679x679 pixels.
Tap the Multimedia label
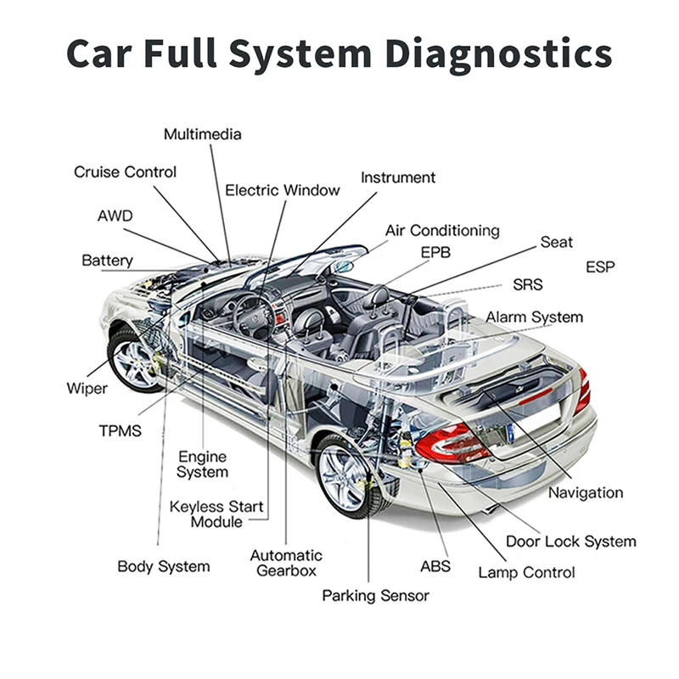point(202,134)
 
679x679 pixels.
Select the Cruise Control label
point(125,171)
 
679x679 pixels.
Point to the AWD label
point(115,216)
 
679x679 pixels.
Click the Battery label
point(107,260)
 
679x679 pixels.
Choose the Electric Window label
point(282,190)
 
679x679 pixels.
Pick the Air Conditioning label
point(441,231)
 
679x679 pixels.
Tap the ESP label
point(600,267)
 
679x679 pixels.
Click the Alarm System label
point(534,317)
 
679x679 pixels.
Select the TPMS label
point(120,429)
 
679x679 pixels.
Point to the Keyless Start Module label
point(216,514)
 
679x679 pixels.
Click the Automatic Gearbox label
point(286,563)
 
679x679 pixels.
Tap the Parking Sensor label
point(375,595)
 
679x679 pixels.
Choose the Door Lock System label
point(570,541)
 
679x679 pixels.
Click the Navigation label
point(585,492)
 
